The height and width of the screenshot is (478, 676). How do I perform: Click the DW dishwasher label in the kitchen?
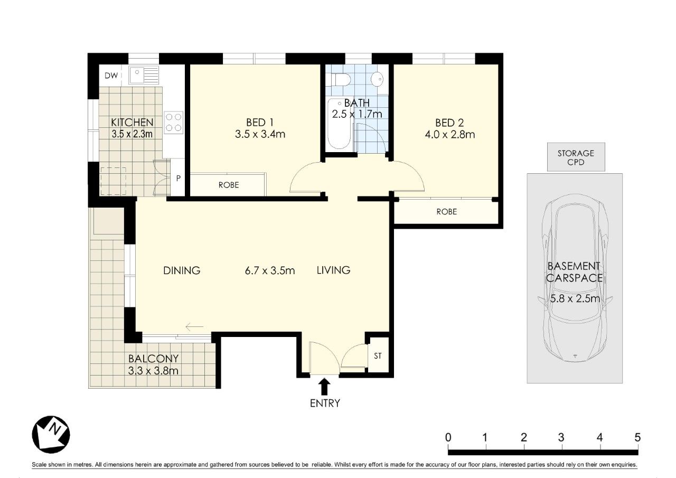coord(110,76)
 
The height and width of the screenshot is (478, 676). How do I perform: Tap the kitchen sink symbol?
coord(143,75)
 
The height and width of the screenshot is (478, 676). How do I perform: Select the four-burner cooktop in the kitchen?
coord(174,122)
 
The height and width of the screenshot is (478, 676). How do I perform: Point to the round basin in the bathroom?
coord(377,80)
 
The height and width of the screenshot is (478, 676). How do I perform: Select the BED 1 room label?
coord(259,123)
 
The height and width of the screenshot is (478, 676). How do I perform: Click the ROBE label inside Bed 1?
coord(228,185)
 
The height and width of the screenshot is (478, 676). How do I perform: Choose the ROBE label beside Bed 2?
coord(446,212)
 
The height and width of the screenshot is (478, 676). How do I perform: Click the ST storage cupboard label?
coord(378,355)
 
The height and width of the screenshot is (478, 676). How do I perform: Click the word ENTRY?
coord(325,404)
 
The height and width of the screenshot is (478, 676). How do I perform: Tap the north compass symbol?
coord(51,434)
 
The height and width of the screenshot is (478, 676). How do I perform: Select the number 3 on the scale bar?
coord(561,437)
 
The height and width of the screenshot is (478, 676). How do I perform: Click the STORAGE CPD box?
coord(576,157)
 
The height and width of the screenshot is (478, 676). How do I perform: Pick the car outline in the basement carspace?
coord(575,280)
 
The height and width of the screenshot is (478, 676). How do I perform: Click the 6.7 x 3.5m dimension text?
coord(269,271)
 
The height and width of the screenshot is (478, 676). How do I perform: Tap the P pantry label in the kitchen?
coord(179,178)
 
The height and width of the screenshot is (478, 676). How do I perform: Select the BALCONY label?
coord(153,358)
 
